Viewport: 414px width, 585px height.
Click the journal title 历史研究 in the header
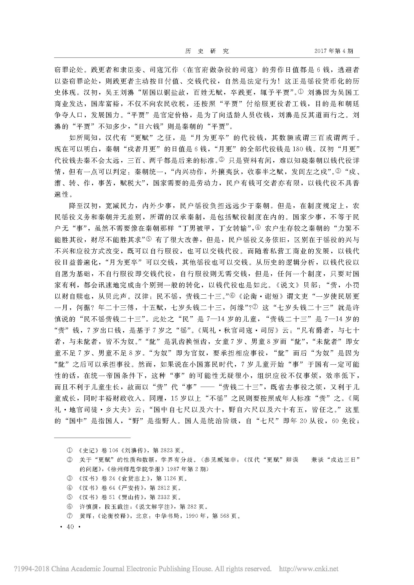207,51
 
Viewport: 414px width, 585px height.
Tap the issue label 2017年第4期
334,51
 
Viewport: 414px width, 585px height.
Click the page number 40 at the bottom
70,527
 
